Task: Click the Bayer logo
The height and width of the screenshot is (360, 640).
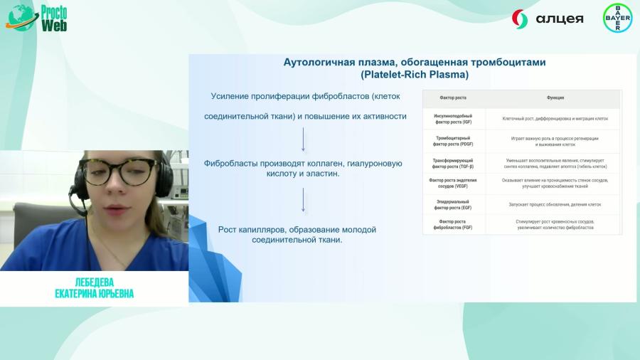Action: tap(617, 18)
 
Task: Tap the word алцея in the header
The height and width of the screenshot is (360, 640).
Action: tap(558, 18)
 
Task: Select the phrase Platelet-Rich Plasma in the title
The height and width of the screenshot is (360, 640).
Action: tap(415, 74)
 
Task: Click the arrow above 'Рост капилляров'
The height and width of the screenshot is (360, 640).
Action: tap(304, 200)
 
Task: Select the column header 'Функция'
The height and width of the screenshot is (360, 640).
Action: tap(555, 97)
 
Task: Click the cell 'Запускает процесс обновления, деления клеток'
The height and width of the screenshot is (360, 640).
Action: tap(555, 204)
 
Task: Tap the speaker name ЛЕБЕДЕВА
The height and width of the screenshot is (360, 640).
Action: tap(94, 282)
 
